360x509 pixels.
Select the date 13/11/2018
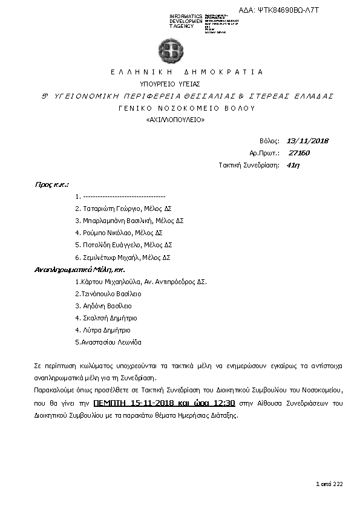tap(307, 141)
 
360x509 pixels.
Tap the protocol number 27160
tap(299, 153)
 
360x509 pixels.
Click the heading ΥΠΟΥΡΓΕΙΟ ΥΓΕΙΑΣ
tap(170, 84)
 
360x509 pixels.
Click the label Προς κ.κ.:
tap(51, 184)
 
